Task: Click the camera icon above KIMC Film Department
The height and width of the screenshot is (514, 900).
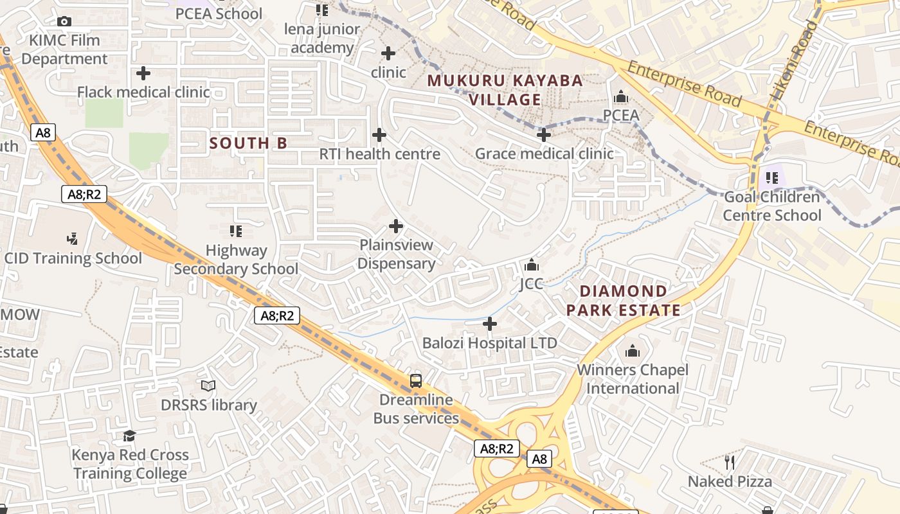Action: coord(64,22)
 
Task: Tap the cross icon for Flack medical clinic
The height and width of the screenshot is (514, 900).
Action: coord(143,73)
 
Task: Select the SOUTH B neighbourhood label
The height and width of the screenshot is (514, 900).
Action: coord(248,143)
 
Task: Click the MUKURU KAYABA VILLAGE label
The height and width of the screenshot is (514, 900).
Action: coord(505,90)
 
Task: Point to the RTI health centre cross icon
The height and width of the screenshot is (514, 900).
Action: coord(379,135)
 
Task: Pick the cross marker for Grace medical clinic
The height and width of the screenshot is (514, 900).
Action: coord(544,135)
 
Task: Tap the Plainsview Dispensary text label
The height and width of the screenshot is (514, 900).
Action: coord(397,254)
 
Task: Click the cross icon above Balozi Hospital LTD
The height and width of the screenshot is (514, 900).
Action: coord(490,324)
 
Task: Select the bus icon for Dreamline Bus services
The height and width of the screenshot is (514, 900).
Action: coord(416,380)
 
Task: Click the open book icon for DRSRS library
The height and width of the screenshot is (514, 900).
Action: coord(208,385)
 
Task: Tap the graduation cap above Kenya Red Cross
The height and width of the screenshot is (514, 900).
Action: coord(130,436)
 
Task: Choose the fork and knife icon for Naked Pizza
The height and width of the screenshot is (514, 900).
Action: coord(730,462)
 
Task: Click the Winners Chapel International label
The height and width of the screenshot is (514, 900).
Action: coord(633,379)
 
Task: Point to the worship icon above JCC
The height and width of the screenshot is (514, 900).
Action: coord(532,265)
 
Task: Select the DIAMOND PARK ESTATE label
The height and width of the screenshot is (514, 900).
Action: coord(623,301)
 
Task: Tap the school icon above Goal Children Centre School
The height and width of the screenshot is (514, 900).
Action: coord(772,177)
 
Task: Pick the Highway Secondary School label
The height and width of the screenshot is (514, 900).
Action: coord(236,260)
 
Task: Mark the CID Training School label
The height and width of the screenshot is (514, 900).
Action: coord(73,258)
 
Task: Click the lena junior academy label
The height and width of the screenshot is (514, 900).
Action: coord(322,39)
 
